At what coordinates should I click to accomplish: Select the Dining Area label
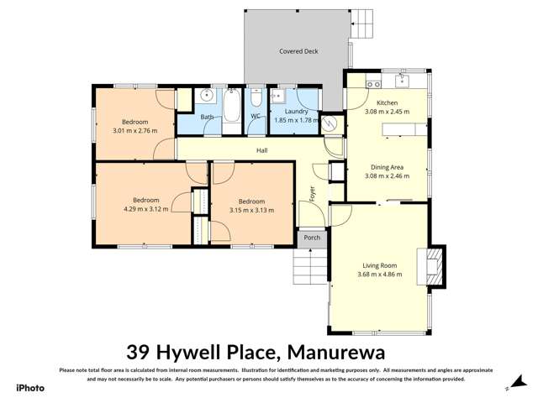coord(387,168)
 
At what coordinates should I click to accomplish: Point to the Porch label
coord(312,238)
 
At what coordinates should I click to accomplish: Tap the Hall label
coord(262,150)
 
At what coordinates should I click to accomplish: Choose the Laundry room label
coord(296,112)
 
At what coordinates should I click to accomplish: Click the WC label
coord(255,117)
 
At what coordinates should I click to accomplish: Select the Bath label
coord(206,118)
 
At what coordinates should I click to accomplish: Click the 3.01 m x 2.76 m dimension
coord(135,130)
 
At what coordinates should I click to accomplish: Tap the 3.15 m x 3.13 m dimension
coord(251,210)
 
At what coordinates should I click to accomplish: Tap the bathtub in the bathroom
coord(232,107)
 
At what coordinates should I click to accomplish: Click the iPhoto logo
coord(30,388)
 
